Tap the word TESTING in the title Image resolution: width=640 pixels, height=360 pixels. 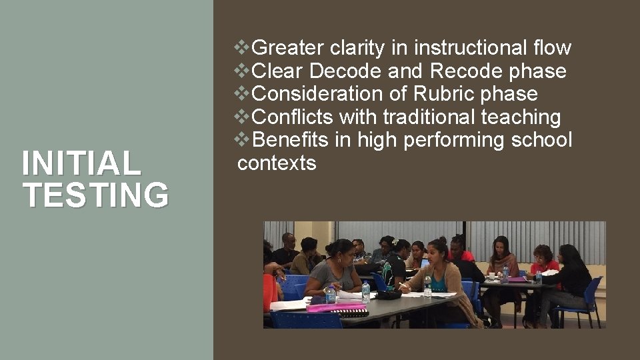click(x=95, y=195)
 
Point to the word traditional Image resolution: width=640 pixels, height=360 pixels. click(x=429, y=117)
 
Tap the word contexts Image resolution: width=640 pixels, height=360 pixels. click(x=277, y=163)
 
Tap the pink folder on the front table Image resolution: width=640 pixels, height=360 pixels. click(x=336, y=307)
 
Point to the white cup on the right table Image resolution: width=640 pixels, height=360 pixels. click(x=491, y=275)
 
